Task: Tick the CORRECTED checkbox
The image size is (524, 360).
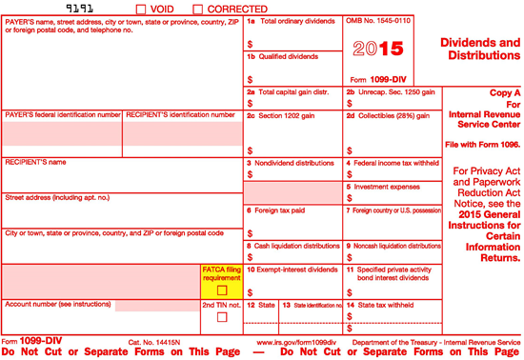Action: pyautogui.click(x=198, y=9)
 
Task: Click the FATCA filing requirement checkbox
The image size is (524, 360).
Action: pyautogui.click(x=222, y=290)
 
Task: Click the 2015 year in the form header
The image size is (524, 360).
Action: pyautogui.click(x=378, y=48)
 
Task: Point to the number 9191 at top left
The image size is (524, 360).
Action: pyautogui.click(x=65, y=9)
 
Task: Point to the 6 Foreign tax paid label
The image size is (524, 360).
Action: pyautogui.click(x=275, y=210)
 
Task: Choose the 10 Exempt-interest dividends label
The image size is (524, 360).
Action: pyautogui.click(x=292, y=270)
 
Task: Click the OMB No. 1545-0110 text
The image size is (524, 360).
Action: pyautogui.click(x=378, y=20)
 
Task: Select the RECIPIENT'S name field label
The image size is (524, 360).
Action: pyautogui.click(x=36, y=163)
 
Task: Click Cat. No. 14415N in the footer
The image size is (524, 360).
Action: pyautogui.click(x=155, y=341)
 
